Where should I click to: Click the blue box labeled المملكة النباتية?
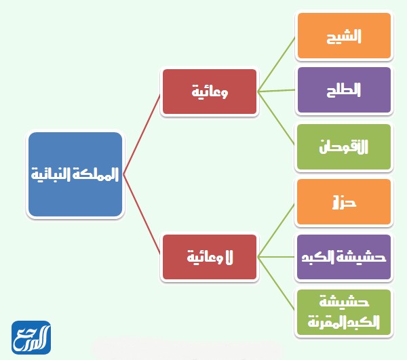(75, 175)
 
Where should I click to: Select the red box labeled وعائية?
(209, 92)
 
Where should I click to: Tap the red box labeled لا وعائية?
(209, 257)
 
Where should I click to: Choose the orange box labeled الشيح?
(344, 35)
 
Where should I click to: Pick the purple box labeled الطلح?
(344, 89)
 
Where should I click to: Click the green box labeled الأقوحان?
(344, 146)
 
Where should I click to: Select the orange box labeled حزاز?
(344, 201)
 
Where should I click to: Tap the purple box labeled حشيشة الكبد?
(344, 257)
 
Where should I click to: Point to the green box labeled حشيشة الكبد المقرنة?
(344, 313)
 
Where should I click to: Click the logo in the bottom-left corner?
(31, 338)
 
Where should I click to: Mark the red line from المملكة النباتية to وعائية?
(142, 133)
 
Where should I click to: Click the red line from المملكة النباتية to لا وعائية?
(142, 216)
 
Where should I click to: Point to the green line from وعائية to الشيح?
(277, 63)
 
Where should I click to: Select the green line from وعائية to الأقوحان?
(277, 118)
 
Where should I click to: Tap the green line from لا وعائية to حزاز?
(277, 229)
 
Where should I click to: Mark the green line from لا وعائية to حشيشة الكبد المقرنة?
(277, 285)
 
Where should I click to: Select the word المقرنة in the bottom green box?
(328, 321)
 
